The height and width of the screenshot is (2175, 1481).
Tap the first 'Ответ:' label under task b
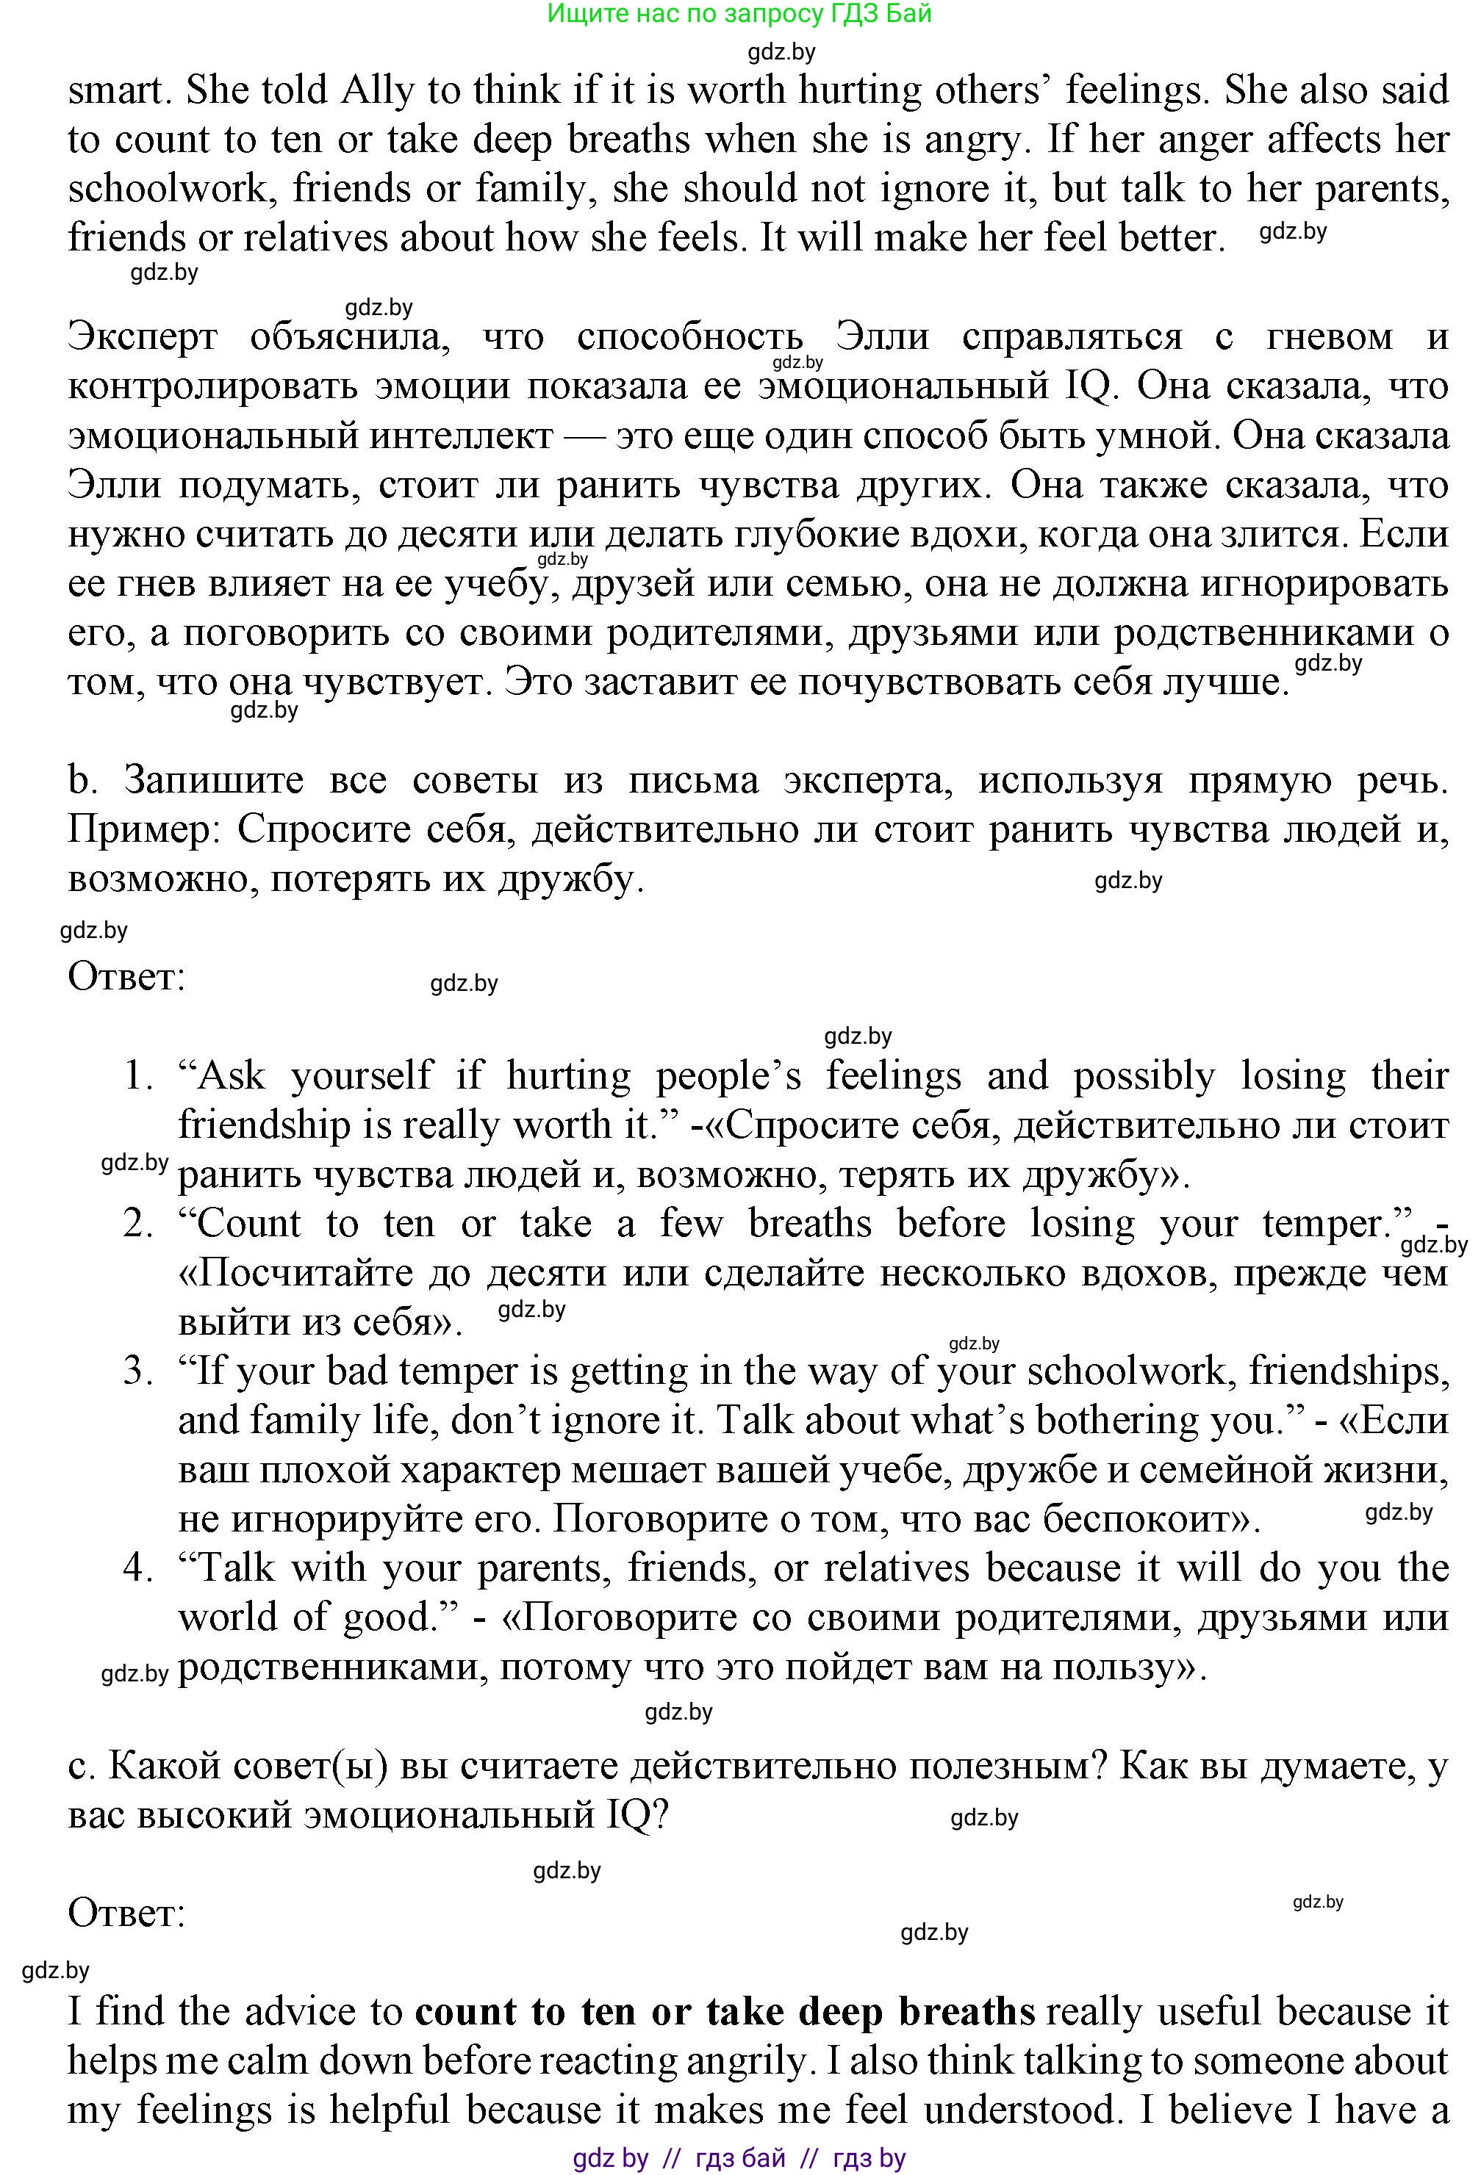(x=126, y=977)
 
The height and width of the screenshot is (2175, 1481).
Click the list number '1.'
(x=139, y=1076)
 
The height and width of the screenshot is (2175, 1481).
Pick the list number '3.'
(x=139, y=1372)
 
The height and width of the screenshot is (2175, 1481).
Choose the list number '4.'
(x=139, y=1568)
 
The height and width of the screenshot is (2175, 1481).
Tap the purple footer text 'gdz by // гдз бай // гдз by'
(x=739, y=2158)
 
